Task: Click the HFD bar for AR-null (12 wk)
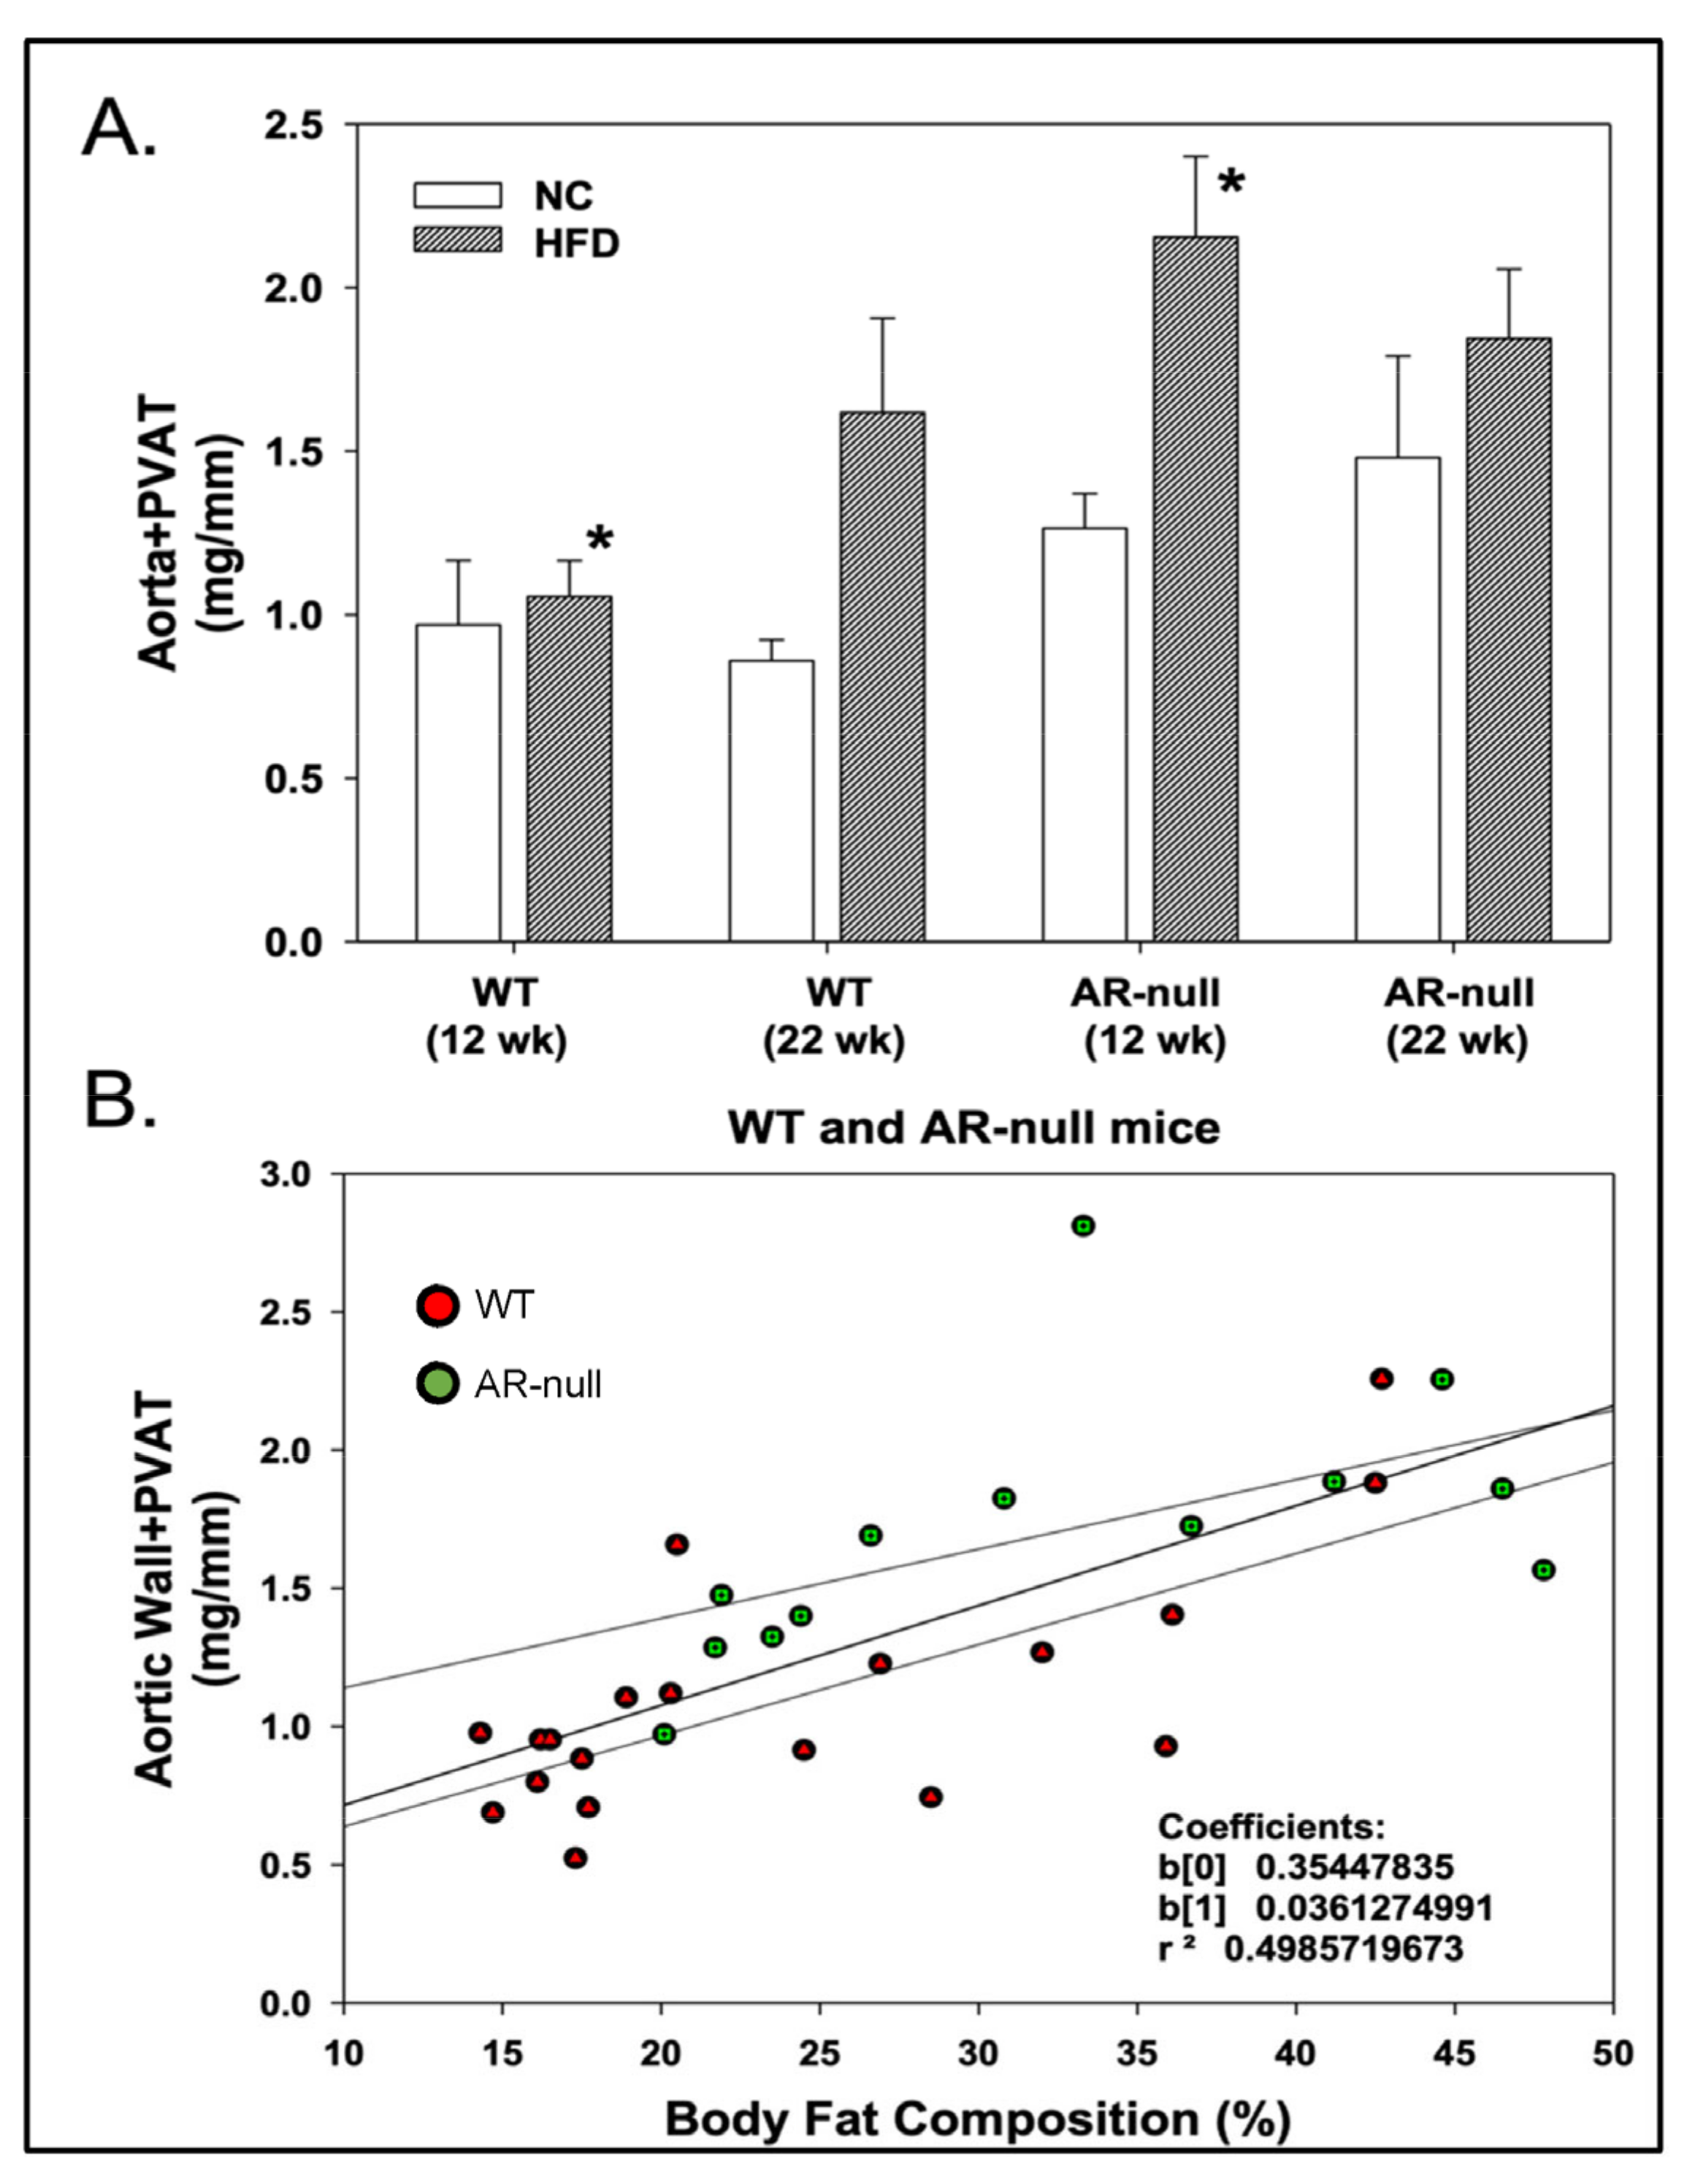pos(1195,589)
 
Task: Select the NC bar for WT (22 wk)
pos(770,799)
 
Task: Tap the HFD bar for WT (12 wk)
pos(569,769)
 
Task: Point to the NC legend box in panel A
pos(457,195)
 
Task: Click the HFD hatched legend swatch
pos(457,240)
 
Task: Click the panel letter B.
pos(120,1101)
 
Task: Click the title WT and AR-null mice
pos(973,1129)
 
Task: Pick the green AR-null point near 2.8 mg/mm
pos(1083,1226)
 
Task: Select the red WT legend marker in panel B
pos(437,1305)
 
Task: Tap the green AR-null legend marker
pos(437,1383)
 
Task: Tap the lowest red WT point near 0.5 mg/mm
pos(574,1857)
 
